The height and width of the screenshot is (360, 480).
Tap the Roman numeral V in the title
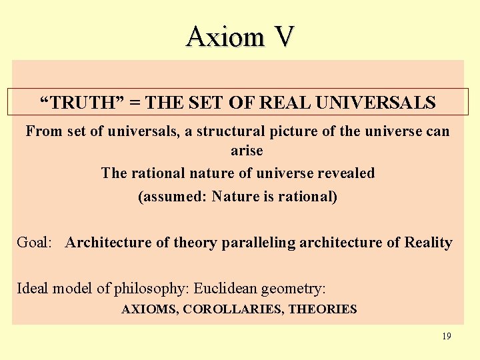click(282, 37)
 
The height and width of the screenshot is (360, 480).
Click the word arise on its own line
click(247, 151)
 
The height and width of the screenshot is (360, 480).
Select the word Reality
click(429, 243)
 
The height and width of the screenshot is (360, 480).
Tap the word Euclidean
click(223, 289)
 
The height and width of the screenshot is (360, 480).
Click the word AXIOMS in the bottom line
click(149, 309)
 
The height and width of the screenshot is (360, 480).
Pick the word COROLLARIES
click(233, 309)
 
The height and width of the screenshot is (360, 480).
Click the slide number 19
click(446, 336)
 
